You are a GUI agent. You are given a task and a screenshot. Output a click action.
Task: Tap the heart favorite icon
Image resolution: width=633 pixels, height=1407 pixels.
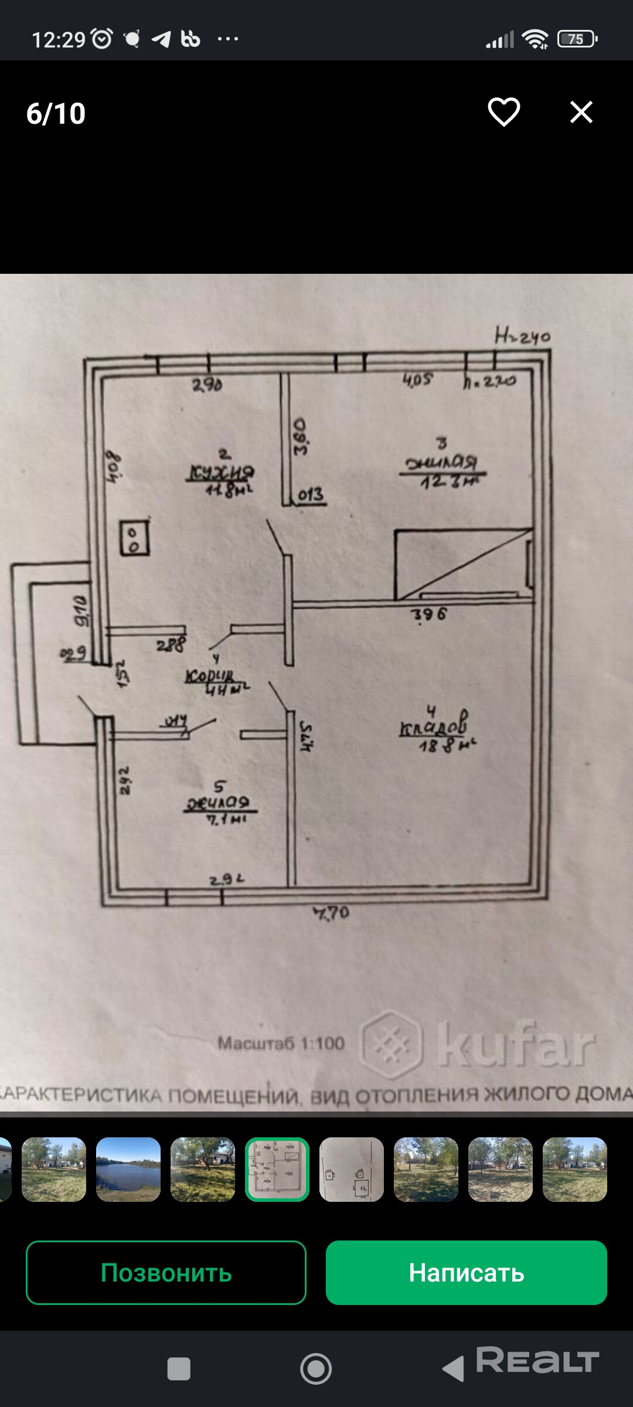504,111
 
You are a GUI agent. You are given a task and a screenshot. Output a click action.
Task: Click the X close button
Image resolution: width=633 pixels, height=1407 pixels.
581,111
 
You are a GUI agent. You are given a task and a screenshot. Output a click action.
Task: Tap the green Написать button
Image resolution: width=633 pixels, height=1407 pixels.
466,1272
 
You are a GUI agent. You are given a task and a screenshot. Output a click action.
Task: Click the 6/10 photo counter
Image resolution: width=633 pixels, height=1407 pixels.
56,113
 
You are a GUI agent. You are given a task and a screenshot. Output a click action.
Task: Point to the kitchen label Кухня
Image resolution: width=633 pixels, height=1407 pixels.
220,472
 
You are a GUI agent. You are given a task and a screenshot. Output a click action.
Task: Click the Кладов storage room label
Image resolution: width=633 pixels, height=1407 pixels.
434,727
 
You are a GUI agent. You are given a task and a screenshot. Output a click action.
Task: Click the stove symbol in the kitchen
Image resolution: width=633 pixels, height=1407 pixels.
134,538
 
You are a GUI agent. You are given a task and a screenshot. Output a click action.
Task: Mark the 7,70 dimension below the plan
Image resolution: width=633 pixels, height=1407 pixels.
332,913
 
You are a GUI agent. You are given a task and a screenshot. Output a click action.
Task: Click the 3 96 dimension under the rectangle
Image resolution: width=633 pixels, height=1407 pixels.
429,614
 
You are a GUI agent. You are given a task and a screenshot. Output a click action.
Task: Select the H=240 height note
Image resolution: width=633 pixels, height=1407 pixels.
522,337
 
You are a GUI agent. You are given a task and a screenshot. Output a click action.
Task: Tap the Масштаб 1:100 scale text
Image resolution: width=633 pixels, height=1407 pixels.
281,1043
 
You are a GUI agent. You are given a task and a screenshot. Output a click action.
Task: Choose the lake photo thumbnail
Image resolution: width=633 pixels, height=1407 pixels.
128,1170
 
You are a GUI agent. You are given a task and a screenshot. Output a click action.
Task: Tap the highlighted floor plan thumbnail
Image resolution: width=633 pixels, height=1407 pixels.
277,1170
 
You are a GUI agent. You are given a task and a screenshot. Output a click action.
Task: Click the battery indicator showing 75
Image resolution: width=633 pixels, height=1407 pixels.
577,39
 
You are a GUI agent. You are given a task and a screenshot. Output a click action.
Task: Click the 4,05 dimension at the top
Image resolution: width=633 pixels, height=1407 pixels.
417,380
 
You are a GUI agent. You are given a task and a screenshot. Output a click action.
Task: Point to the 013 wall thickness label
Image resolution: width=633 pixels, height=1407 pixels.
310,495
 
